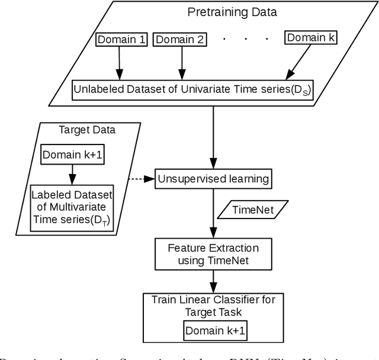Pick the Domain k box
[310, 38]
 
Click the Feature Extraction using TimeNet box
[211, 253]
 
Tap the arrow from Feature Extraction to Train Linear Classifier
[211, 281]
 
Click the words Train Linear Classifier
[211, 299]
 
